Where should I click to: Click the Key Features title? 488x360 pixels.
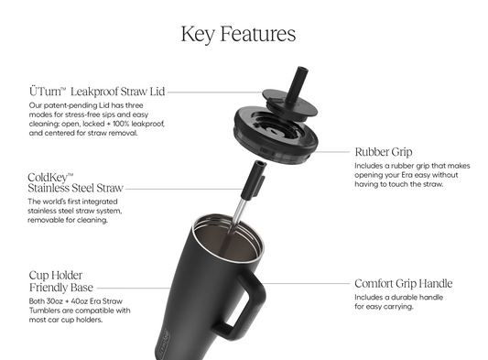(x=238, y=34)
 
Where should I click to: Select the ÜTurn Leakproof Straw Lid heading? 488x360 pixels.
(x=97, y=92)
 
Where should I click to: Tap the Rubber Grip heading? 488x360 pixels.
(x=384, y=152)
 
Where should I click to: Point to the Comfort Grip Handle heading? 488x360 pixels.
(x=404, y=283)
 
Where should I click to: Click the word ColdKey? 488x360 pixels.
(x=50, y=177)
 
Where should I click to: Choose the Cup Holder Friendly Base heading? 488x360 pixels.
(x=61, y=281)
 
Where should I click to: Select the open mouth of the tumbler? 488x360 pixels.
(x=228, y=237)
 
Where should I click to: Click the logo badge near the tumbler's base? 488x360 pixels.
(x=162, y=344)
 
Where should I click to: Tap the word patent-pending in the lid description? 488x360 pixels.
(x=70, y=105)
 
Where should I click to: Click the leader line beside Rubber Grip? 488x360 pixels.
(x=331, y=152)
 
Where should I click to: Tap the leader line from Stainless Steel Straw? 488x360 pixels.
(x=184, y=189)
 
